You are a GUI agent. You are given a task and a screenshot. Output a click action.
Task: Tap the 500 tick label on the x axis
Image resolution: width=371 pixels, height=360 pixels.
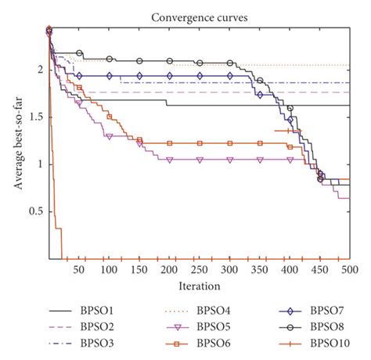pyautogui.click(x=349, y=269)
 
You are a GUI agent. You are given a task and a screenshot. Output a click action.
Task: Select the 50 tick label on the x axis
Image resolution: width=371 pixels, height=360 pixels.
pyautogui.click(x=80, y=269)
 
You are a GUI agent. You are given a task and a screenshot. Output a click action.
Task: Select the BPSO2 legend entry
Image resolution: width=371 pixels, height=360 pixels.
pyautogui.click(x=99, y=326)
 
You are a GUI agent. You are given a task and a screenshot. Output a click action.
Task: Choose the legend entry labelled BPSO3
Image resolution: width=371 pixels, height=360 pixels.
pyautogui.click(x=99, y=343)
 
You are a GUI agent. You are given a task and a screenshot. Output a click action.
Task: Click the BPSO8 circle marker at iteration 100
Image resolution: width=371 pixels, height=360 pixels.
pyautogui.click(x=110, y=59)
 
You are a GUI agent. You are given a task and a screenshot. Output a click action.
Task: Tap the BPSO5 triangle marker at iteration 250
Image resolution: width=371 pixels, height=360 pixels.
pyautogui.click(x=200, y=159)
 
